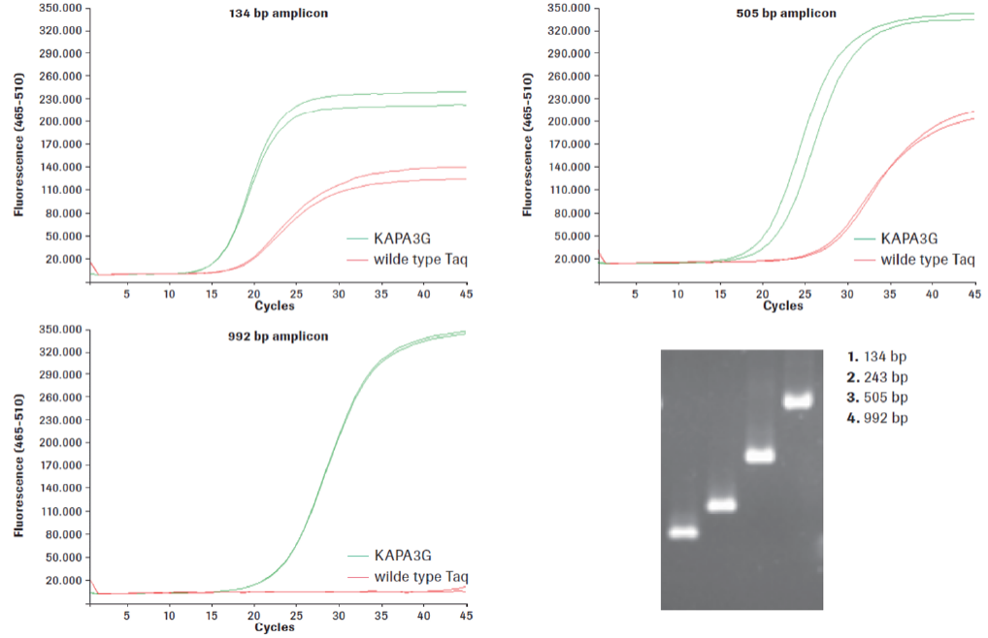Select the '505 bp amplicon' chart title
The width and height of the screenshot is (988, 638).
click(x=787, y=14)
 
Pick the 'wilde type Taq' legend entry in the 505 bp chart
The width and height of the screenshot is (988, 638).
click(x=926, y=259)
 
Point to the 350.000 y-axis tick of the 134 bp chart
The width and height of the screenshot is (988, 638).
click(x=59, y=8)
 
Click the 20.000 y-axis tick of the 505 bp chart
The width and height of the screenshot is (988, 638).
click(x=570, y=259)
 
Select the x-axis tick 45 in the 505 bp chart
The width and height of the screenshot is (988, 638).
click(x=972, y=293)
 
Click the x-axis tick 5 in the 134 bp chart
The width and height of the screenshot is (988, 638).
click(x=126, y=293)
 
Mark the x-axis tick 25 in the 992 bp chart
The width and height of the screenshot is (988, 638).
click(x=296, y=615)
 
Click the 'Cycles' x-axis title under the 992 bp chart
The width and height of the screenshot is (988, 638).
click(x=275, y=627)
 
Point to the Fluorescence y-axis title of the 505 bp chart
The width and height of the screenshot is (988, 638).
click(x=529, y=145)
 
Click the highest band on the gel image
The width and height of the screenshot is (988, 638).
click(x=798, y=400)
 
